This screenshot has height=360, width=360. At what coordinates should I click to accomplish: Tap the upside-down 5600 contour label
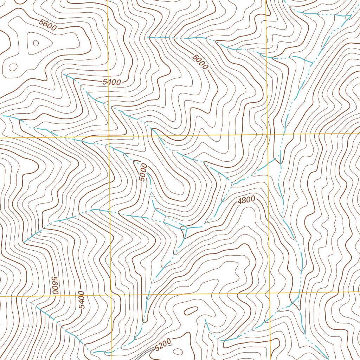[x=55, y=285]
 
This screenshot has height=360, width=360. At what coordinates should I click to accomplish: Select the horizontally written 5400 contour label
[x=112, y=82]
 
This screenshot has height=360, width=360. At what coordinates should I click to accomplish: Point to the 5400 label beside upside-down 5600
[x=82, y=300]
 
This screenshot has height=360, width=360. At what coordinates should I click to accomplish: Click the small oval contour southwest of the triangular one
[x=13, y=66]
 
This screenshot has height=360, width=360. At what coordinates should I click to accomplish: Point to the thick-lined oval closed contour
[x=190, y=310]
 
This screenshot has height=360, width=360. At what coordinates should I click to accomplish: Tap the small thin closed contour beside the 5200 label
[x=178, y=351]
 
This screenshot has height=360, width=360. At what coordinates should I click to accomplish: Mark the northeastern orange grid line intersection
[x=267, y=135]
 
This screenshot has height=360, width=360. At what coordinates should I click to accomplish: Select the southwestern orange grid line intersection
[x=111, y=295]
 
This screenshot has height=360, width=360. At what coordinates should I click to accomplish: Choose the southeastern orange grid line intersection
[x=270, y=293]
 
